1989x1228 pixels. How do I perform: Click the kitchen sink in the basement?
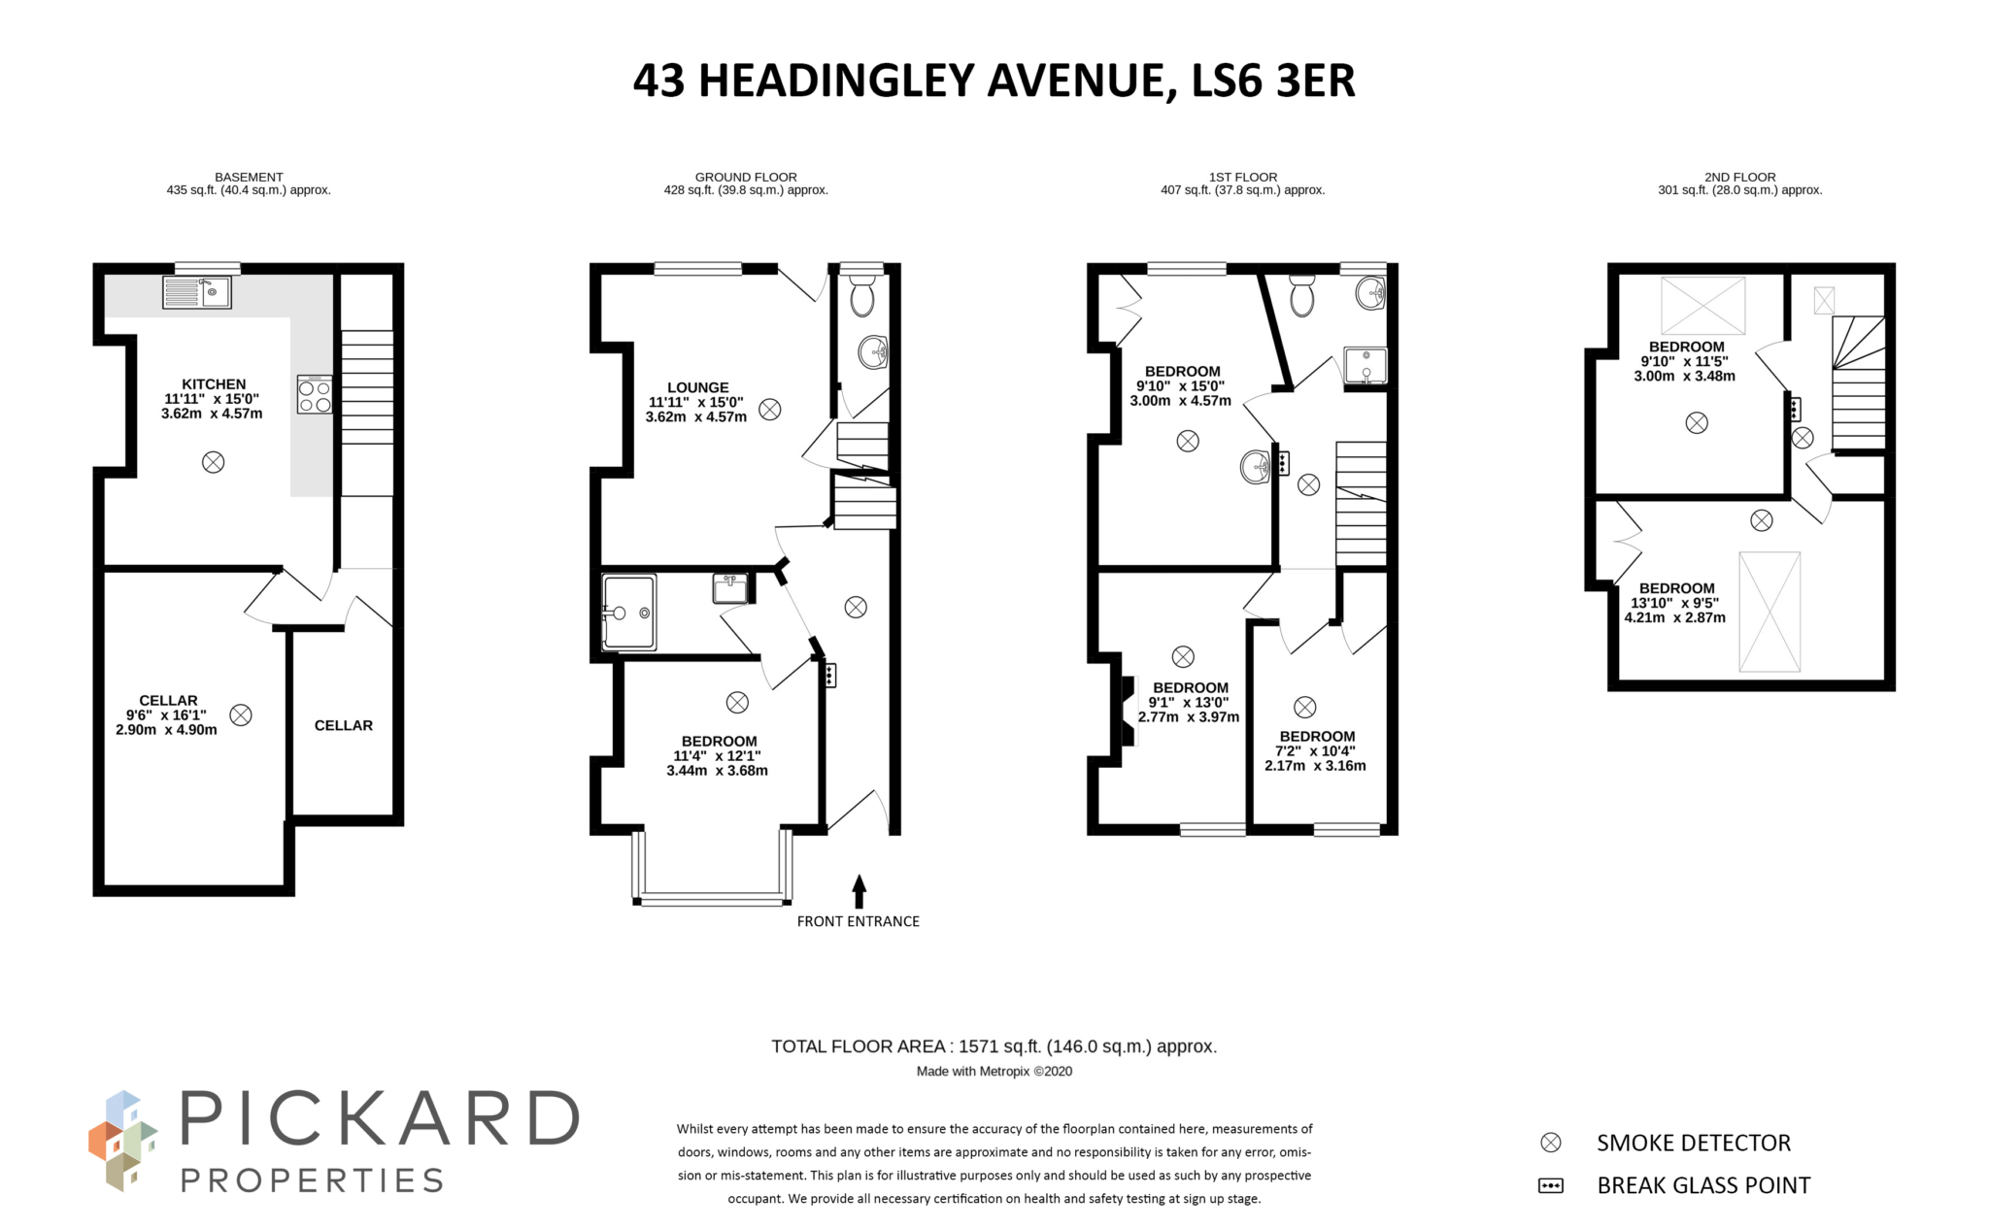click(x=197, y=291)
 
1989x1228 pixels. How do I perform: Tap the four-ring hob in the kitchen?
click(x=315, y=395)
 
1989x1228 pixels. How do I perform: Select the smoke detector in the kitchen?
click(x=213, y=462)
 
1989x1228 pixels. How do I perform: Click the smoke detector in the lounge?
click(x=769, y=410)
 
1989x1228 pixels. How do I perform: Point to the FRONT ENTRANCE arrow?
click(x=859, y=890)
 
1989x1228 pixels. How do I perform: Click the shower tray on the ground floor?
click(x=628, y=612)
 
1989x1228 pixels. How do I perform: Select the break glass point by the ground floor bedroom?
click(x=828, y=674)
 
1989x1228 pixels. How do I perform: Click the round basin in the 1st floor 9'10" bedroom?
click(x=1255, y=467)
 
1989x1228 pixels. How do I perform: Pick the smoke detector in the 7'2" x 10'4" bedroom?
click(x=1304, y=707)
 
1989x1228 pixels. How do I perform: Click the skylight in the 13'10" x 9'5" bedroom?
click(x=1769, y=612)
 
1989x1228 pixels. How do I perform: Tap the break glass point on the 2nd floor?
click(x=1794, y=409)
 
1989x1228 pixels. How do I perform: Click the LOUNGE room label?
click(x=697, y=387)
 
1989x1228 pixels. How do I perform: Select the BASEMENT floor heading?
click(x=249, y=177)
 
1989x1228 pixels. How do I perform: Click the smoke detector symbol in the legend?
click(x=1551, y=1143)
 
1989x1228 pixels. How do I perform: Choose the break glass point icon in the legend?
click(x=1551, y=1185)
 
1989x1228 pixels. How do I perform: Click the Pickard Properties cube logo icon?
click(x=121, y=1142)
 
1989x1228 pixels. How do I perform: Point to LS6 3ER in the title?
click(x=1272, y=81)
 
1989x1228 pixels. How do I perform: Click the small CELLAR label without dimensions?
click(x=343, y=725)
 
